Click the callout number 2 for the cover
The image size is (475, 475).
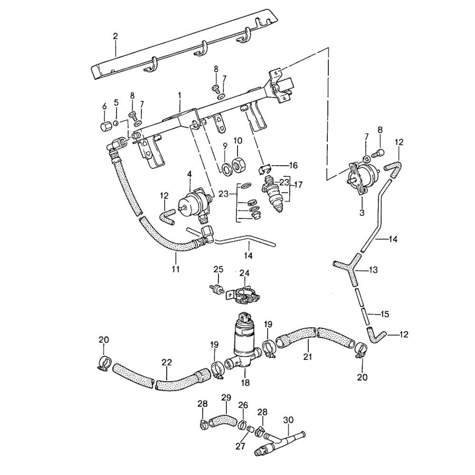pyautogui.click(x=115, y=36)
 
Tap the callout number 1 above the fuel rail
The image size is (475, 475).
pyautogui.click(x=180, y=95)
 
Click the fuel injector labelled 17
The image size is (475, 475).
pyautogui.click(x=276, y=194)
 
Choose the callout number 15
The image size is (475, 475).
pyautogui.click(x=385, y=314)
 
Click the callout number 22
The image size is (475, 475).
pyautogui.click(x=166, y=362)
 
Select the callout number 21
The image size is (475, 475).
pyautogui.click(x=308, y=356)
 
